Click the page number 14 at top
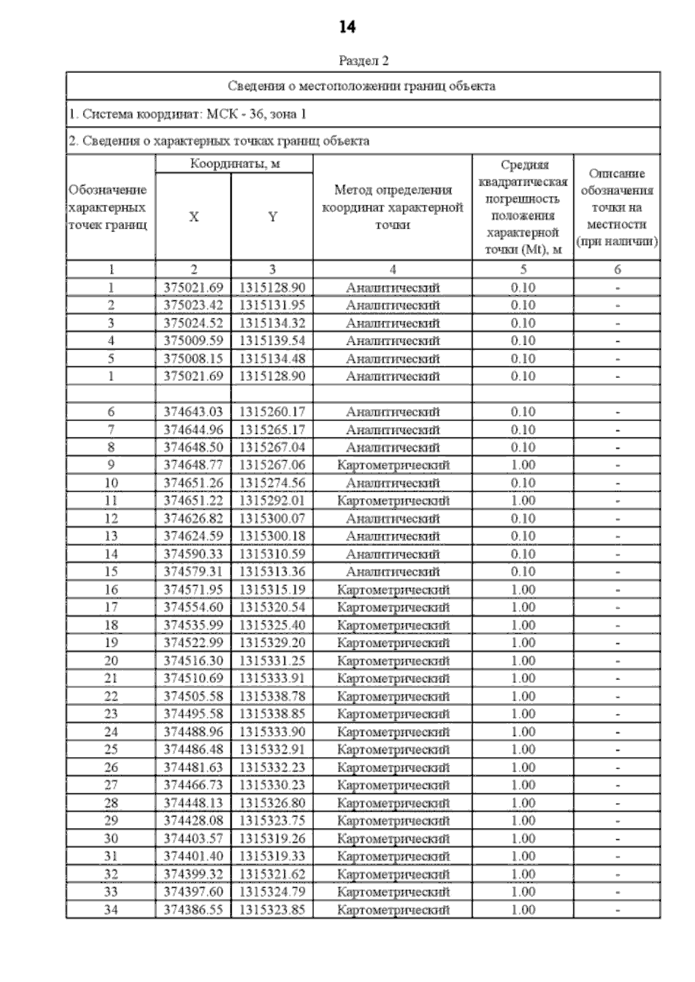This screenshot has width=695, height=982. pos(347,27)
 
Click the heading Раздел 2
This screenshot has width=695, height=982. pos(363,61)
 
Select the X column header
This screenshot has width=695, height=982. pos(193,217)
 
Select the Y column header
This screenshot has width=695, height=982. pos(272,217)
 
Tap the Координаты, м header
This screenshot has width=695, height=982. pos(235,164)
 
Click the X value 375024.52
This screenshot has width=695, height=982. pos(193,323)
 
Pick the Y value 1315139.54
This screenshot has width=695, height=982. pos(272,341)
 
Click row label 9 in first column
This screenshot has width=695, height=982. pos(111,465)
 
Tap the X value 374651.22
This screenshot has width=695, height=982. pos(193,501)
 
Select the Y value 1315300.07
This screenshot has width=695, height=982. pos(272,518)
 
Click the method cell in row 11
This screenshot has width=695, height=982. pos(393,501)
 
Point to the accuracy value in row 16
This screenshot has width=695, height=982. pos(523,590)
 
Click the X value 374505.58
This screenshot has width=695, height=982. pos(193,696)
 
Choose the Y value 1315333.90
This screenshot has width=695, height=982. pos(272,731)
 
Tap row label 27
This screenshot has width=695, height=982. pos(111,785)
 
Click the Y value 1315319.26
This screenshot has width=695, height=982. pos(272,838)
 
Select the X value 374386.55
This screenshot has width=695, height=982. pos(193,910)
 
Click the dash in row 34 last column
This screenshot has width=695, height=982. pos(617,910)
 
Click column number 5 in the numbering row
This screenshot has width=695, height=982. pos(523,269)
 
